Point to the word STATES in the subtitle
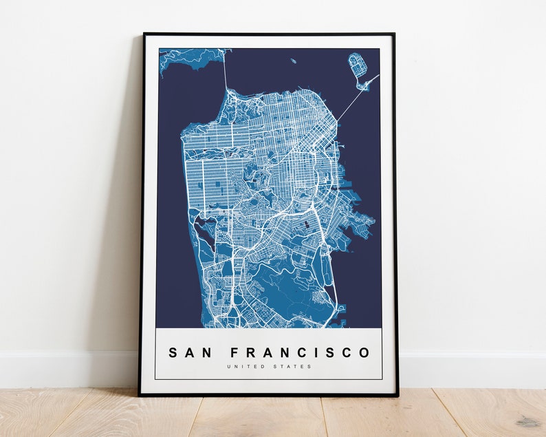pyautogui.click(x=294, y=367)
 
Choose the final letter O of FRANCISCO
pyautogui.click(x=364, y=353)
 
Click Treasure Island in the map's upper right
pyautogui.click(x=358, y=66)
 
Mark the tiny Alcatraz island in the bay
pyautogui.click(x=293, y=61)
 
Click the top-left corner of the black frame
pyautogui.click(x=143, y=34)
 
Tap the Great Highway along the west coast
pyautogui.click(x=185, y=179)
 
